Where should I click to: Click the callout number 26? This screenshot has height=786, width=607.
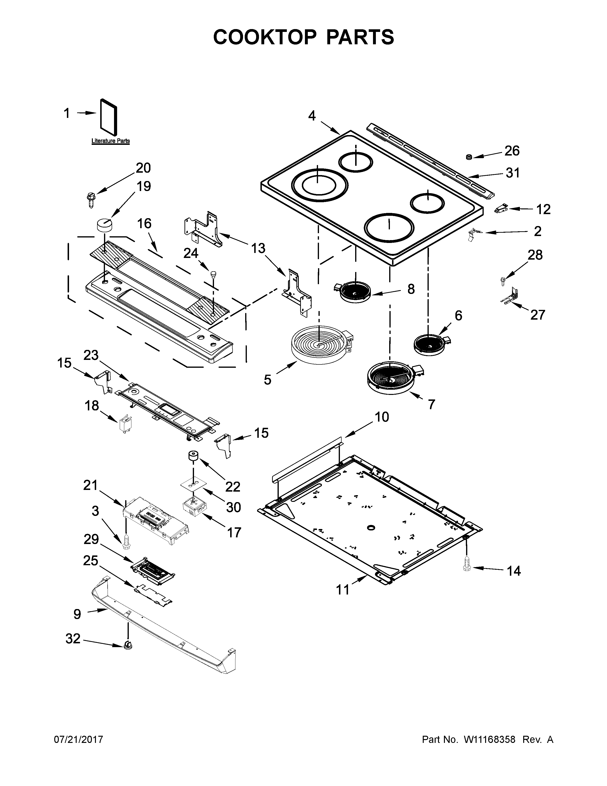512,151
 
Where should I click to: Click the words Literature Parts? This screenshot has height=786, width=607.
110,141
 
